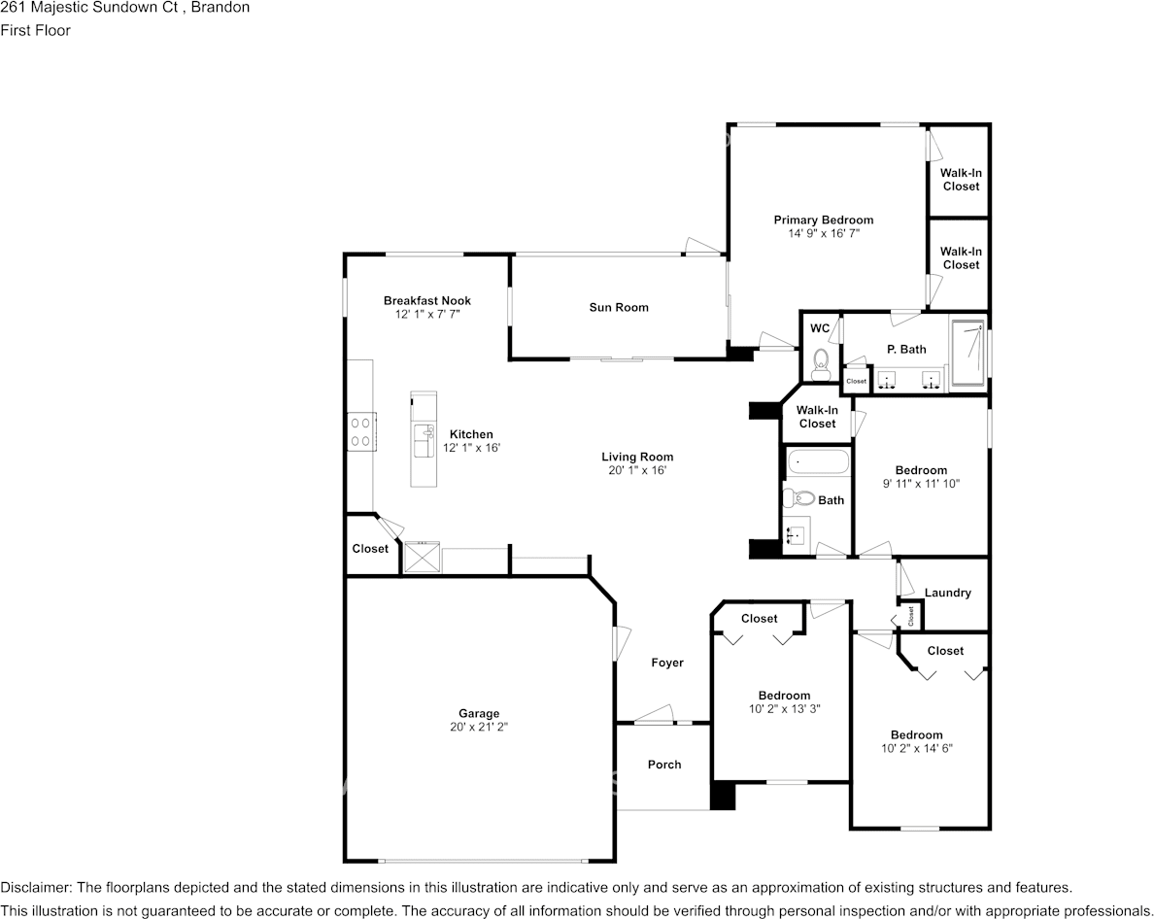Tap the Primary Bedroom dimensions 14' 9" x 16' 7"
823,234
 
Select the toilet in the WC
820,366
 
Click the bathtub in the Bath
817,461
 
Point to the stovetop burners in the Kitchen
361,431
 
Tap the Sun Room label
618,308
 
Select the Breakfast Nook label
426,301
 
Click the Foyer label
666,664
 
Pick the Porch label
664,765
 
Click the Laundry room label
947,593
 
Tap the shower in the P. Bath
966,354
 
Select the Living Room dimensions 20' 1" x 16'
636,470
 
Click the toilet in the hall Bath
798,499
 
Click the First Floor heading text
35,30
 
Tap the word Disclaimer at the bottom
35,888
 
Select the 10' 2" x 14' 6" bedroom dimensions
916,749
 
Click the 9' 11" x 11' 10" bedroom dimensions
921,484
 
